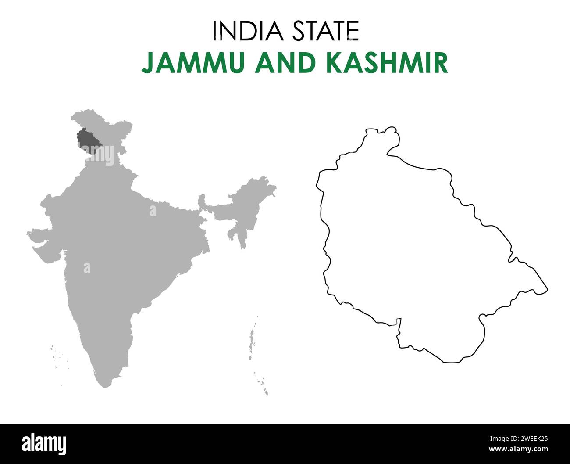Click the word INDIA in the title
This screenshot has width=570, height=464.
tap(244, 31)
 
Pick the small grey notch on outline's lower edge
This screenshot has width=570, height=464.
tap(397, 322)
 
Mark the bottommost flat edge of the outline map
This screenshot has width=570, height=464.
tap(452, 362)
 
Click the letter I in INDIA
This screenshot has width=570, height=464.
tap(214, 31)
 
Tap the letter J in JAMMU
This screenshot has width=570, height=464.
tap(148, 64)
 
